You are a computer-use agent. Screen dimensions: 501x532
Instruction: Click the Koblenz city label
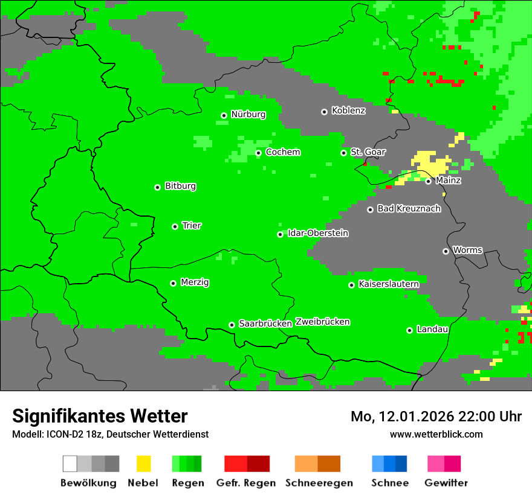click(x=348, y=110)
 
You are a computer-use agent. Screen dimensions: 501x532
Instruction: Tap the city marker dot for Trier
click(x=175, y=226)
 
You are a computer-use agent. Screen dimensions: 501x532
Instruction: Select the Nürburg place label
click(x=248, y=114)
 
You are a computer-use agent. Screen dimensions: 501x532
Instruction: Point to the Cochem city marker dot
click(x=258, y=153)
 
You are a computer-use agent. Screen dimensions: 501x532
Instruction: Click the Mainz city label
click(x=448, y=180)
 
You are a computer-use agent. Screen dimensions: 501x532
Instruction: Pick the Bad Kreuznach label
click(x=409, y=208)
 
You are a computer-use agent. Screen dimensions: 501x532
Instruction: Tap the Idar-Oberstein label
click(x=318, y=233)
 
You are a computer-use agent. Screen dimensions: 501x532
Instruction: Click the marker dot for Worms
click(x=446, y=251)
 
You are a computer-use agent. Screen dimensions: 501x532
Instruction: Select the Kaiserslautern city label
click(x=389, y=284)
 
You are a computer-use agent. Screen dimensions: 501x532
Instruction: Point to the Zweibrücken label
click(x=322, y=322)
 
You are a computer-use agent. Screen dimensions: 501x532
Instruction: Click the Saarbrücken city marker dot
click(x=232, y=325)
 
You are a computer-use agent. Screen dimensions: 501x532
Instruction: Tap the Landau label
click(x=432, y=329)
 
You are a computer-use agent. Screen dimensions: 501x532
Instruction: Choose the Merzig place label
click(x=195, y=282)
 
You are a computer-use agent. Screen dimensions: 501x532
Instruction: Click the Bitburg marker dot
click(x=157, y=187)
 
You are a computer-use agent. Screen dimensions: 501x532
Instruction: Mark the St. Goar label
click(x=368, y=152)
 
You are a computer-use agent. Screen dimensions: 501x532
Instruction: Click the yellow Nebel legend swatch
click(x=143, y=464)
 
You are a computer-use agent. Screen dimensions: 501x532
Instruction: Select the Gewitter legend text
click(x=446, y=483)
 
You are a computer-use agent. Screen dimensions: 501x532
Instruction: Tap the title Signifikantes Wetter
click(x=100, y=416)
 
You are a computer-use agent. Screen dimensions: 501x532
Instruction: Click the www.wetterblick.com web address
click(x=436, y=434)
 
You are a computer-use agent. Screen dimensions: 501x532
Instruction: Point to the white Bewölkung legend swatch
click(x=70, y=464)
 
